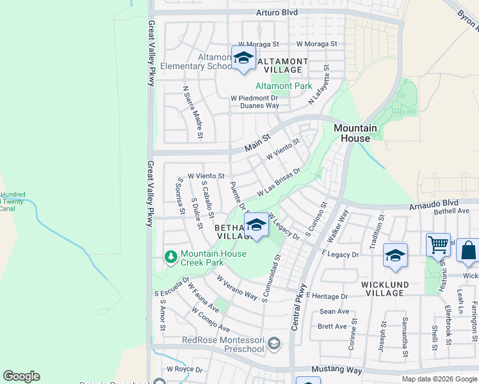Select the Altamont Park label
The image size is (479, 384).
click(284, 86)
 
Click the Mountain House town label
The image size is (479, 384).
click(352, 133)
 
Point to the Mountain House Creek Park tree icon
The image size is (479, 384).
click(170, 257)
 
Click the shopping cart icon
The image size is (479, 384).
click(438, 244)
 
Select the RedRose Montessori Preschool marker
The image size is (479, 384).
click(273, 344)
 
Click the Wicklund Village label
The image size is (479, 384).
click(382, 288)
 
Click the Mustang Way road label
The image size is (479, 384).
click(337, 370)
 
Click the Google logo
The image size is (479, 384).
click(21, 376)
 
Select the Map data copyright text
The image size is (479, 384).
click(439, 378)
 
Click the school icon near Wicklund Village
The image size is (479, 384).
click(395, 255)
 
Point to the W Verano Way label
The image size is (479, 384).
click(236, 288)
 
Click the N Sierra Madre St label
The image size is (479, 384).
click(192, 113)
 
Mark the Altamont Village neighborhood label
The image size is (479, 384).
click(282, 65)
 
